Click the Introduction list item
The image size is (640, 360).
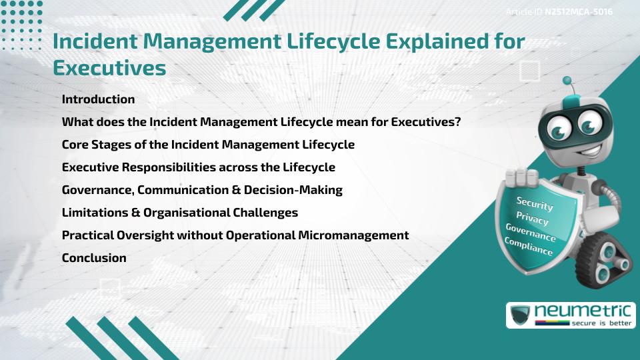click(98, 99)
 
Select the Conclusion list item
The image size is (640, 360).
click(94, 258)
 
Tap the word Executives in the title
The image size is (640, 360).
click(109, 68)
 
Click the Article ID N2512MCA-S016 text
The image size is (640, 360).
click(559, 12)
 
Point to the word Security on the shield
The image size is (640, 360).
click(534, 203)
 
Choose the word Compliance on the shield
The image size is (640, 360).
click(528, 247)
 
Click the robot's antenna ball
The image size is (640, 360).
click(567, 81)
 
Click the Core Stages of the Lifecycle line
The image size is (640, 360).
click(208, 145)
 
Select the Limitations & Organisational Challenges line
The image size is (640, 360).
click(179, 213)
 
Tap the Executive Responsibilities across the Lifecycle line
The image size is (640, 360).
click(198, 167)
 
